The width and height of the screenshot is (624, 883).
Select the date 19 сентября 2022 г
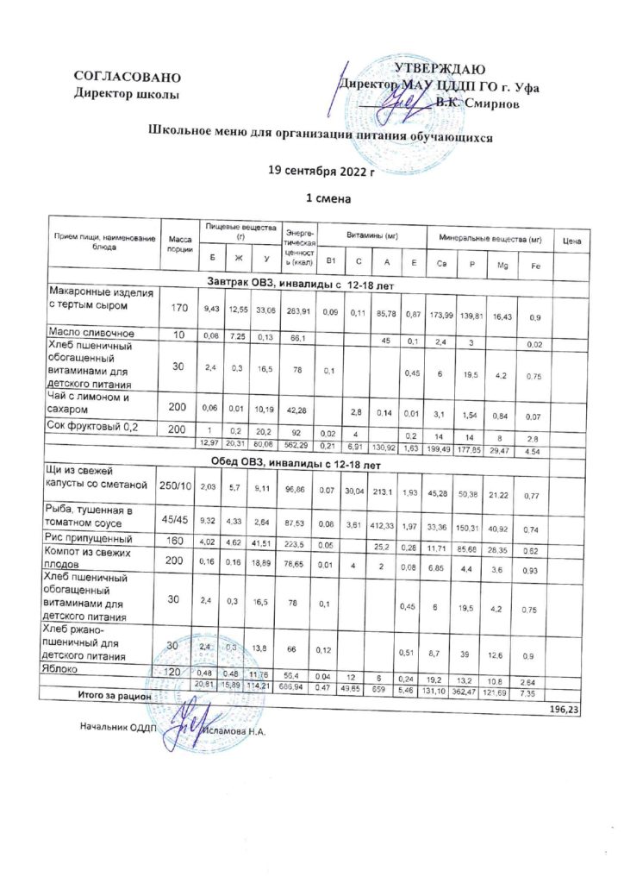[322, 172]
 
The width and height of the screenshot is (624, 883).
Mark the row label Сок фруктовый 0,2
[96, 427]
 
